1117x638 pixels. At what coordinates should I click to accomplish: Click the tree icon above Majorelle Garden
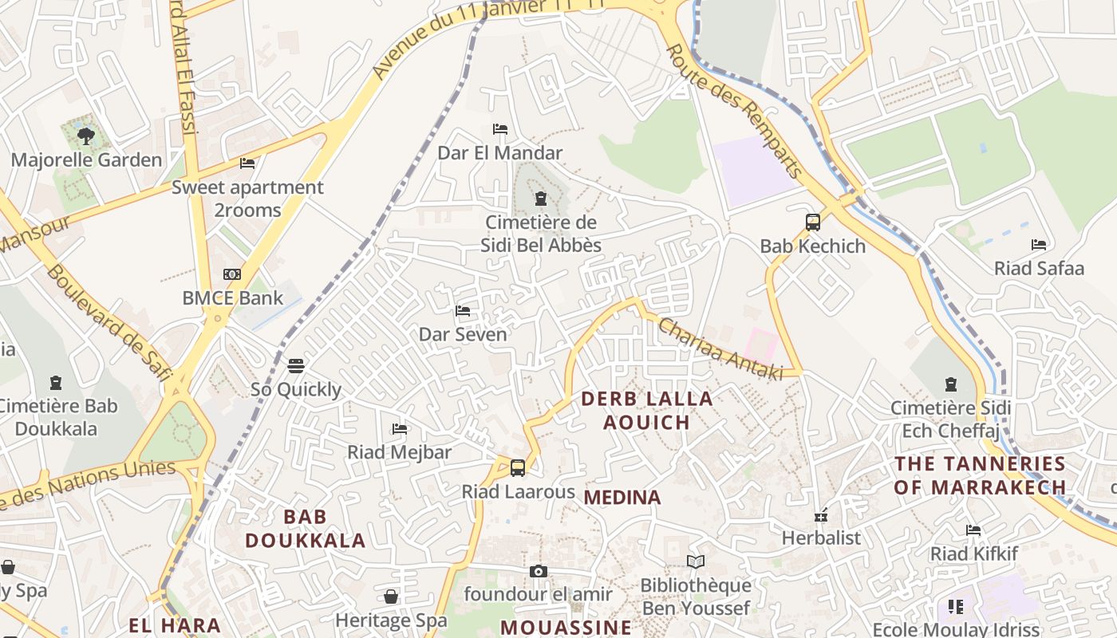(86, 136)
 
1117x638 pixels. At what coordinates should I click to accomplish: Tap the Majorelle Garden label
(86, 159)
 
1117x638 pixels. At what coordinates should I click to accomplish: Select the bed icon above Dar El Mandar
(500, 129)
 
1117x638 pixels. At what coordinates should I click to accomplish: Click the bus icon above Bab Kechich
(812, 223)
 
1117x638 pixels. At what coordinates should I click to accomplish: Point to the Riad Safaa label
(1039, 268)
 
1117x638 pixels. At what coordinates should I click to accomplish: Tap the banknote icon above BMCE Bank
(232, 274)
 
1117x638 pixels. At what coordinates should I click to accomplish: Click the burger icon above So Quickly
(296, 366)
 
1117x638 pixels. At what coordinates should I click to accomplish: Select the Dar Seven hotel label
(463, 333)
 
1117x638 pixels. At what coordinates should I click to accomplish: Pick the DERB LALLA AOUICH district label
(646, 410)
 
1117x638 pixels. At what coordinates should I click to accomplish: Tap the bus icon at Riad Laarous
(518, 468)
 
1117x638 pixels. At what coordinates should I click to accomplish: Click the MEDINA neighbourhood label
(622, 498)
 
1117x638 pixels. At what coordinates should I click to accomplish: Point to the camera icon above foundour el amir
(539, 571)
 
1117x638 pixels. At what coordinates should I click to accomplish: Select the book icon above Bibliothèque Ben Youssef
(696, 562)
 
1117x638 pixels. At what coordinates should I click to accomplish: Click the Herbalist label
(821, 538)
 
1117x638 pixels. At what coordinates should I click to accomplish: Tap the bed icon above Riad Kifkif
(973, 530)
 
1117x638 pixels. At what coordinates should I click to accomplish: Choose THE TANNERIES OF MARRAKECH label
(980, 475)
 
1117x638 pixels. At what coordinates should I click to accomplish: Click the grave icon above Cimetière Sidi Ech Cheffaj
(950, 384)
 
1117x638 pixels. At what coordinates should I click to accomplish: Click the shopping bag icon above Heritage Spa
(391, 597)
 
